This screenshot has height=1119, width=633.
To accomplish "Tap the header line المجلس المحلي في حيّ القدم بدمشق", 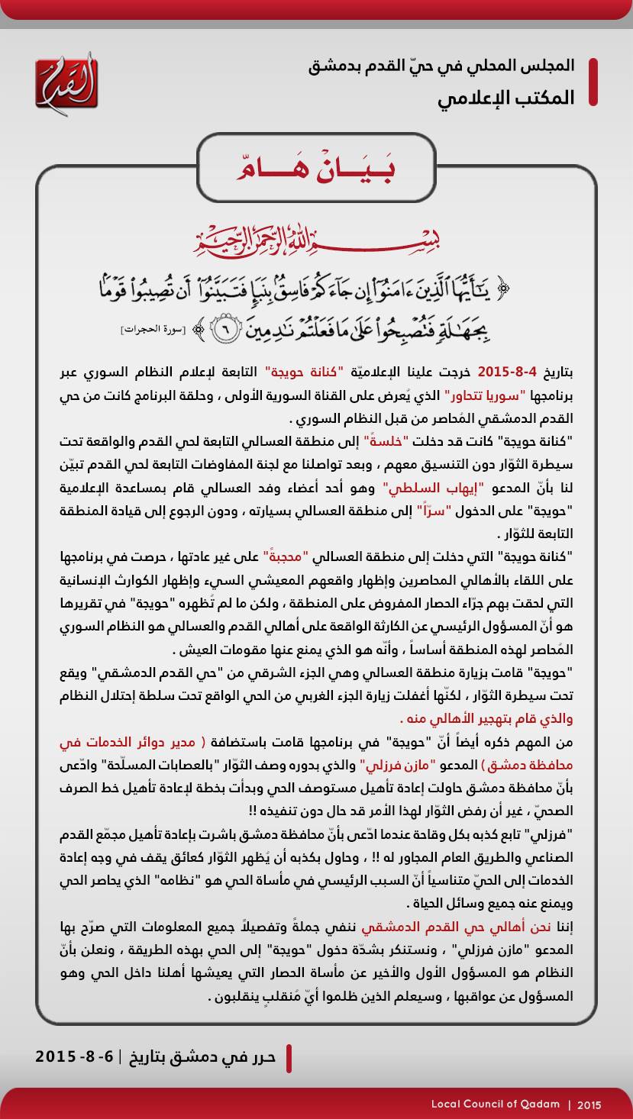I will click(x=441, y=66).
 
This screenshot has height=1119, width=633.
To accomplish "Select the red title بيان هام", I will click(x=317, y=169).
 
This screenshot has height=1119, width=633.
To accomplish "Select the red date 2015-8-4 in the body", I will click(x=508, y=373).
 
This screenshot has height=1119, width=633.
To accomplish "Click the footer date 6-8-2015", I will click(x=74, y=1056).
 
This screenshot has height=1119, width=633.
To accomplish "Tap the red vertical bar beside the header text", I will click(x=593, y=82).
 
